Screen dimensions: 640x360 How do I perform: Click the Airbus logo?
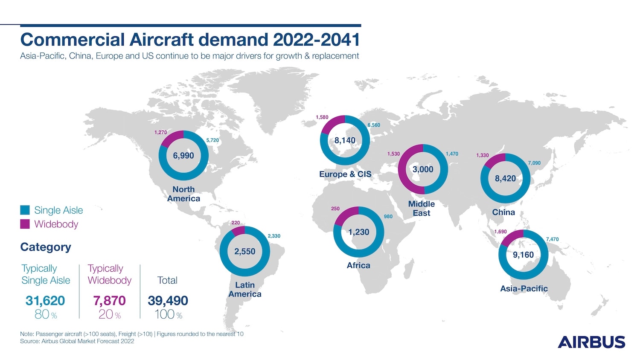click(591, 342)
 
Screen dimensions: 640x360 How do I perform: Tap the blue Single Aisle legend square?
click(25, 210)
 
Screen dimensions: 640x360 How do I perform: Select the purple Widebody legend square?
click(25, 224)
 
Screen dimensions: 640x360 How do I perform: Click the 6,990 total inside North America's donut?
click(183, 156)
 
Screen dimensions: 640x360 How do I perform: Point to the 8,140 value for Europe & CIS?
click(345, 141)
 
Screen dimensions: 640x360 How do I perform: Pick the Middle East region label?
click(422, 209)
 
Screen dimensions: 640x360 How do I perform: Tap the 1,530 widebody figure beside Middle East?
click(393, 154)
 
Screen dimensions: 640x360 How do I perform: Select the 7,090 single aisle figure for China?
click(534, 163)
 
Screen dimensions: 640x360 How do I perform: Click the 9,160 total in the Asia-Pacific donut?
click(523, 255)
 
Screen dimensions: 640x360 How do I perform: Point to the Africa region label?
click(358, 265)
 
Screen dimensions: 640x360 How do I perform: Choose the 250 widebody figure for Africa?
click(335, 209)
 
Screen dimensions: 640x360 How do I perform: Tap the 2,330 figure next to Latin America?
click(274, 236)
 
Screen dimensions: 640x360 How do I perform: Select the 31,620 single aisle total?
click(45, 301)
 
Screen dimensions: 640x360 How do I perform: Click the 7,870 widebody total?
click(109, 301)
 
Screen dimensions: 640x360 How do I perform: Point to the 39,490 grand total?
click(168, 301)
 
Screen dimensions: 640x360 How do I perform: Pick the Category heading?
click(46, 247)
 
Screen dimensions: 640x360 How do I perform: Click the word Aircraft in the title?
click(162, 39)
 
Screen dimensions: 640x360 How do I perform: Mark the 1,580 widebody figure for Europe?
click(322, 117)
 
